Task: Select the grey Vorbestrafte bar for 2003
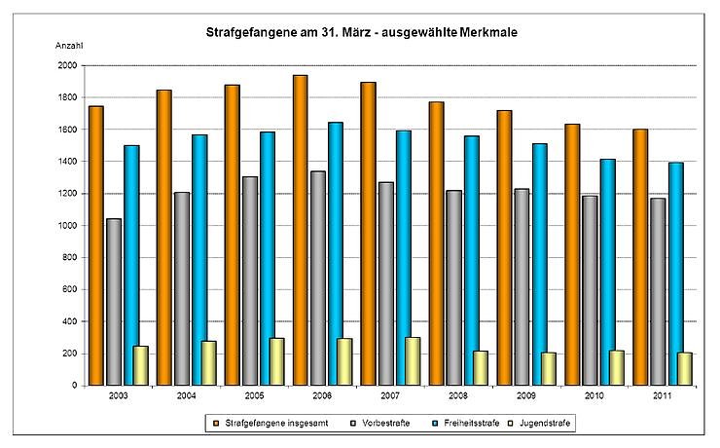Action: (114, 302)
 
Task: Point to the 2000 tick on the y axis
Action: (67, 65)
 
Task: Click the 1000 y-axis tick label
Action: (67, 225)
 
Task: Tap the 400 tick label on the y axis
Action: (70, 321)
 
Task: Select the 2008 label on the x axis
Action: (458, 395)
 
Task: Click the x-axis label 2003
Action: (119, 395)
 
